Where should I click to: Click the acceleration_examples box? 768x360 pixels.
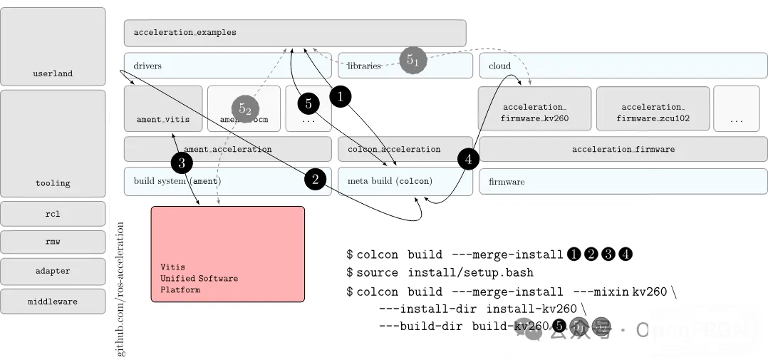[294, 33]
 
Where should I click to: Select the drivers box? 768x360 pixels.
[227, 66]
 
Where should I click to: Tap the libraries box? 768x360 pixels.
[405, 66]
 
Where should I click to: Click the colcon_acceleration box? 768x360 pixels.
[405, 149]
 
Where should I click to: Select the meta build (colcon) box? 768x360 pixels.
[405, 181]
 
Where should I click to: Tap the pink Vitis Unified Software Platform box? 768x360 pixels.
[227, 254]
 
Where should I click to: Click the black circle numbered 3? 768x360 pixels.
[182, 163]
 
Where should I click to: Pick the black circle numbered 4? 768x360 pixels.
[468, 159]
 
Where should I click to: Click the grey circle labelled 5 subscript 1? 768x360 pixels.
[412, 60]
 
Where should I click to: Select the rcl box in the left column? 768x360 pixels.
[53, 213]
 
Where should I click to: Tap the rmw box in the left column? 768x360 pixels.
[53, 242]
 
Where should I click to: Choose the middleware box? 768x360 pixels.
[53, 302]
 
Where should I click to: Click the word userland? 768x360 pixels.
[53, 73]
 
